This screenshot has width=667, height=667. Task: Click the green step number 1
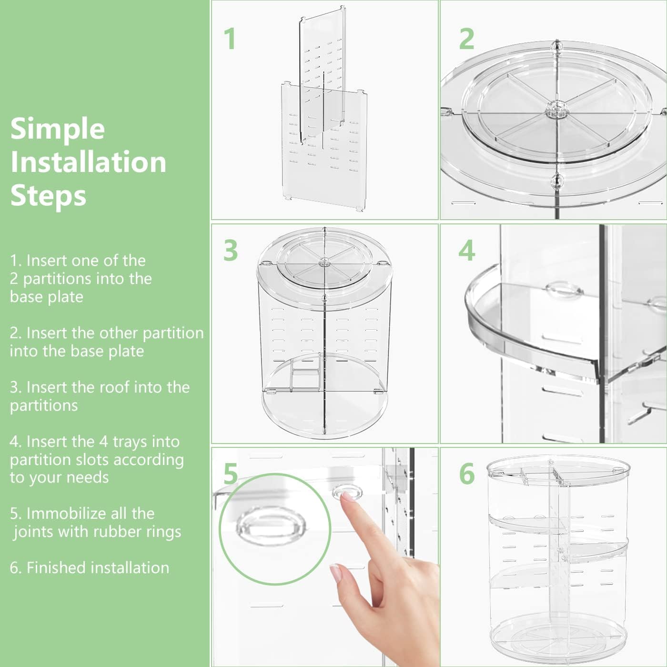click(230, 39)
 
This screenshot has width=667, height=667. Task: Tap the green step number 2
click(466, 39)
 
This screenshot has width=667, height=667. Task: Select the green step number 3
click(230, 250)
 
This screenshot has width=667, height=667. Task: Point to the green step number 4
click(466, 250)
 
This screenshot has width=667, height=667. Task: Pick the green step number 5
click(230, 474)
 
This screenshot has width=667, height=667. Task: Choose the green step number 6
click(467, 474)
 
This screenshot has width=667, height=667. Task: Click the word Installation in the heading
click(89, 162)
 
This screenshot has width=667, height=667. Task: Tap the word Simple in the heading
click(58, 129)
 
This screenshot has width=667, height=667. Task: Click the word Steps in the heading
click(48, 195)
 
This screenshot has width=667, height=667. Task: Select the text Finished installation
click(98, 567)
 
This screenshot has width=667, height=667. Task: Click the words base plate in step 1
click(47, 296)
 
